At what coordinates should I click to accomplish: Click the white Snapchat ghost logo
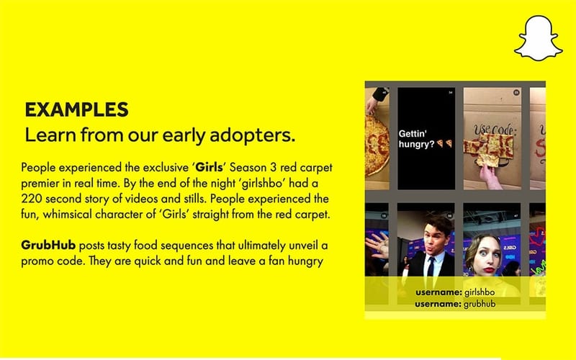[537, 38]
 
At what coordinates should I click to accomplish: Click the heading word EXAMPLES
[76, 110]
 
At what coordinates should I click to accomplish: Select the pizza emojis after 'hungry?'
[444, 144]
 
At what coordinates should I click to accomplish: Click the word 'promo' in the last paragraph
[37, 260]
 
